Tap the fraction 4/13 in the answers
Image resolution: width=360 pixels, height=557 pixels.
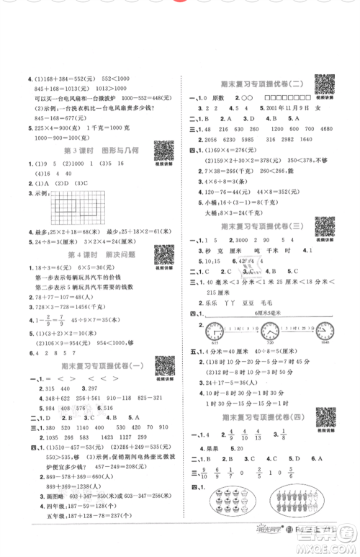coord(256,435)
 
